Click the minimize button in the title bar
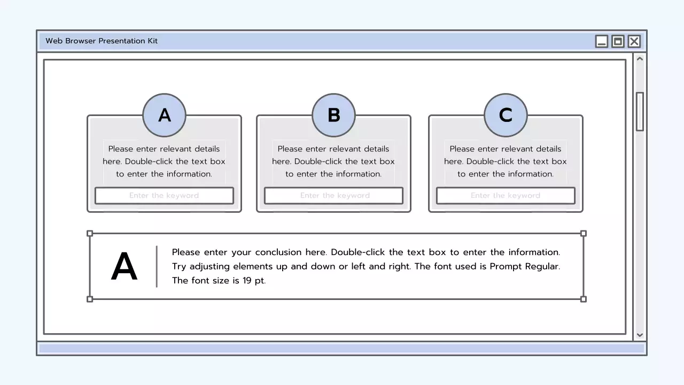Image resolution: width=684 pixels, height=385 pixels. (602, 41)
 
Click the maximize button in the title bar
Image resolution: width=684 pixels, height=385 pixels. (618, 41)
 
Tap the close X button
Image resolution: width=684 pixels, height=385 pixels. (634, 41)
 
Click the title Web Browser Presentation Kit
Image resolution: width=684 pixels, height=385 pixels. (102, 41)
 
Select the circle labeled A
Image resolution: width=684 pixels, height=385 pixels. (164, 115)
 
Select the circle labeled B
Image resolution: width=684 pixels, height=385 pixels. (333, 115)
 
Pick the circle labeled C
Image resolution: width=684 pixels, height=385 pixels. (506, 115)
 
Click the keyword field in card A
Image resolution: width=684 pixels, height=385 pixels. (164, 196)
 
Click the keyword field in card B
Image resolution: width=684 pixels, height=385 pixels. (333, 196)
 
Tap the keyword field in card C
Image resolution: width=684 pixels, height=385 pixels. (506, 196)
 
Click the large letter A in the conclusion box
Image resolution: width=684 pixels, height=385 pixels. (124, 267)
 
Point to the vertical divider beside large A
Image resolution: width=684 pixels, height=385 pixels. (157, 266)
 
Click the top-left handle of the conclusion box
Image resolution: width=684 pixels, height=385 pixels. (90, 233)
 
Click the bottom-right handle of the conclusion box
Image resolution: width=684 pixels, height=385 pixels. (584, 299)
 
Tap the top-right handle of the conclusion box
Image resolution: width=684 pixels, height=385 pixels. (584, 233)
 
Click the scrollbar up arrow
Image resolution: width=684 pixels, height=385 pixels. (640, 59)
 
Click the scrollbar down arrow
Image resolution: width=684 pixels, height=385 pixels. (640, 335)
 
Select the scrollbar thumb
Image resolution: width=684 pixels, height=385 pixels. (640, 111)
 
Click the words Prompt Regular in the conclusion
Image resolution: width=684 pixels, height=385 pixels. (525, 266)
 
